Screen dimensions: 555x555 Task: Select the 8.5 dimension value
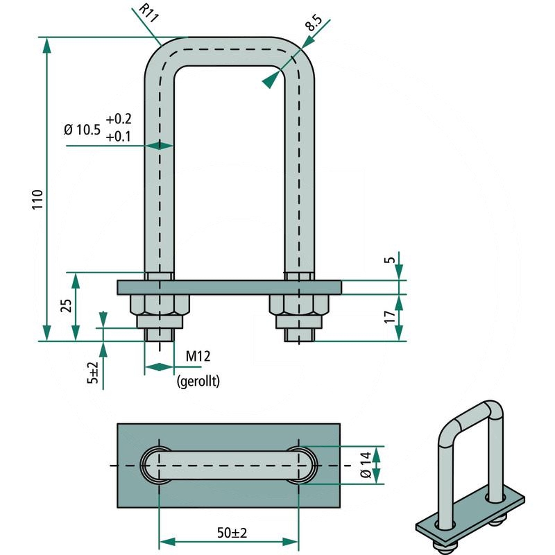(314, 25)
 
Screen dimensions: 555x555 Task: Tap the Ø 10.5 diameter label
(83, 129)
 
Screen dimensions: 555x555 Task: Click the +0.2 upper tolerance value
(119, 118)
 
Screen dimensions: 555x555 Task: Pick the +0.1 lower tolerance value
(119, 137)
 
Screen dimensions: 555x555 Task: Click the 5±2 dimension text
(92, 374)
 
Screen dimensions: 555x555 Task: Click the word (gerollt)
(198, 381)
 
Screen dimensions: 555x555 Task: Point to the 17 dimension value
(391, 317)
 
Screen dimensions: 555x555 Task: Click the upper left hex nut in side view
(160, 304)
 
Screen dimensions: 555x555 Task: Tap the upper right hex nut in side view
(298, 304)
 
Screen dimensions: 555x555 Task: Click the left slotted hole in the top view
(159, 464)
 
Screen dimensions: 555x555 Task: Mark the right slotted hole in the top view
(299, 464)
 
